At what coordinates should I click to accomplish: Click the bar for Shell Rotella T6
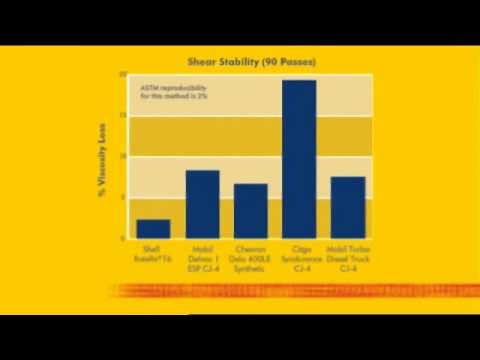click(x=153, y=229)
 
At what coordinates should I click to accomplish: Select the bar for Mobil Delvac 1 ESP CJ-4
click(x=203, y=205)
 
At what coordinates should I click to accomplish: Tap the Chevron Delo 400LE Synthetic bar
click(x=250, y=211)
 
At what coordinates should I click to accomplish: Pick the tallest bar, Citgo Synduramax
click(x=299, y=159)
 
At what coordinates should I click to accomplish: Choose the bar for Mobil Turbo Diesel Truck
click(x=347, y=208)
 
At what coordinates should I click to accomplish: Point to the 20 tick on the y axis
click(x=122, y=75)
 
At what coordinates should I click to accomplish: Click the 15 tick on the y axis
click(x=122, y=116)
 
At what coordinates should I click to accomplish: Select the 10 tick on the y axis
click(x=122, y=157)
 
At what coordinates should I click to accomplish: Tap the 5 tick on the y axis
click(x=123, y=198)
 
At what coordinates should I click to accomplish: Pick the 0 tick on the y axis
click(x=123, y=239)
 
